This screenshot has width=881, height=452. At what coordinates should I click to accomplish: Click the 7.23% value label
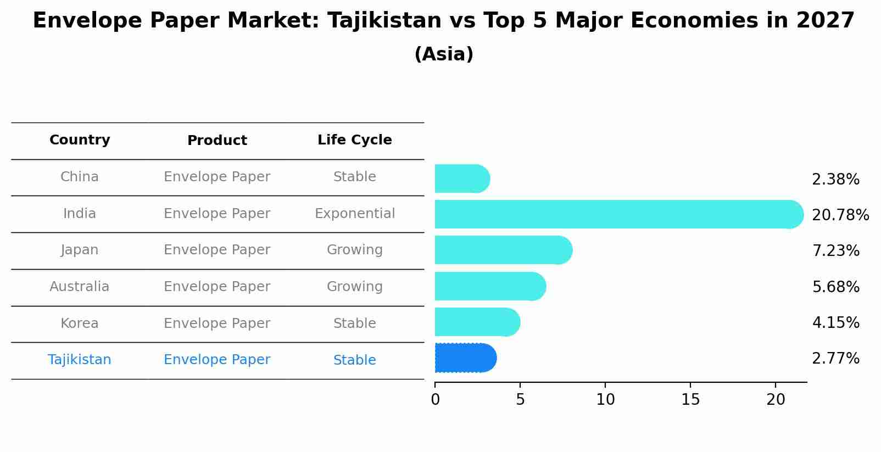coord(835,251)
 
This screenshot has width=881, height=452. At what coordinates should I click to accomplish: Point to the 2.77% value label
coord(835,359)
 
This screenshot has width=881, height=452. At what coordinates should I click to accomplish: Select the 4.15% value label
coord(835,323)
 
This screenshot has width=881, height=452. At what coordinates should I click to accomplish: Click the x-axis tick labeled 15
coord(690,400)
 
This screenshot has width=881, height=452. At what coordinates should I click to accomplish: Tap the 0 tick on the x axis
coord(436,400)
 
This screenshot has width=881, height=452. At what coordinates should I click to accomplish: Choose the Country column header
coord(80,140)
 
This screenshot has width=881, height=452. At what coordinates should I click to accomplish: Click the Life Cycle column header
coord(354,140)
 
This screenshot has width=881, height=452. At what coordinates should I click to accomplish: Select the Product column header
coord(217,141)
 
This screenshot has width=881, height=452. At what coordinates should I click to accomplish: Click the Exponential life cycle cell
coord(354,214)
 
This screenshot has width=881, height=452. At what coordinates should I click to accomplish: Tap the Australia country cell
coord(80,287)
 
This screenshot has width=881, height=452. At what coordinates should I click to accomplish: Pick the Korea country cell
coord(80,323)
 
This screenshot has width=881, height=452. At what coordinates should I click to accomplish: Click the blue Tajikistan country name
coord(80,360)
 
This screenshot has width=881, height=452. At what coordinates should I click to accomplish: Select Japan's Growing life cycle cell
coord(354,250)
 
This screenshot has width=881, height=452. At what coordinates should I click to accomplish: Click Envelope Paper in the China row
coord(217,177)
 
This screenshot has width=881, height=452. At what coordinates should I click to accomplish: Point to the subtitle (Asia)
coord(444,54)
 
